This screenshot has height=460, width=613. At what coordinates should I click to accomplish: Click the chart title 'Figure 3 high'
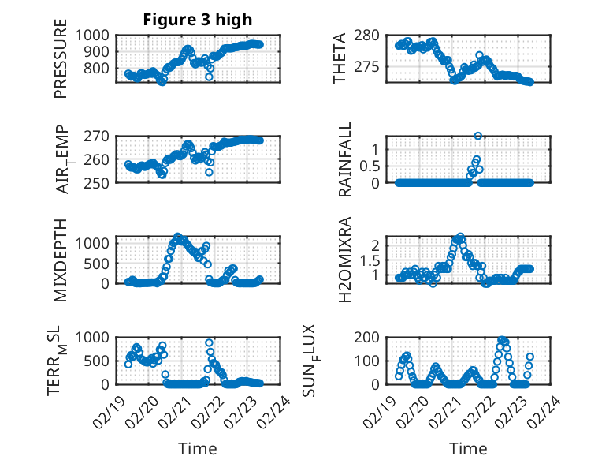coord(197,20)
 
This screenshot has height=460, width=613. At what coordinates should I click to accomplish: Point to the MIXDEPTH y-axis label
coord(61,259)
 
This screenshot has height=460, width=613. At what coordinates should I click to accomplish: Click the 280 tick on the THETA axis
coord(377,35)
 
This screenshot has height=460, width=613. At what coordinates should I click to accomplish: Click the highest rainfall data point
coord(478,136)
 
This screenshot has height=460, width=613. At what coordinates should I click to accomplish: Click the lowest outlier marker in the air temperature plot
coord(209,172)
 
